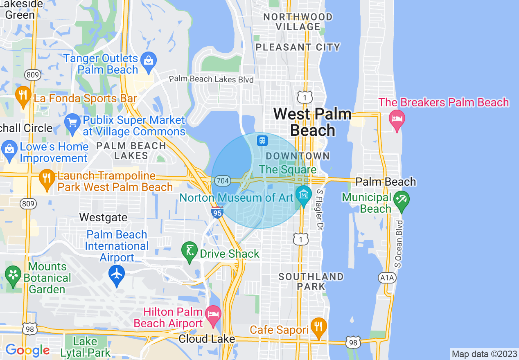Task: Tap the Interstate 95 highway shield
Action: click(217, 212)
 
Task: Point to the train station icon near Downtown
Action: click(262, 141)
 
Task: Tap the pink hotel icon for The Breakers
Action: click(397, 119)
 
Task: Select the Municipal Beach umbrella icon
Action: click(402, 200)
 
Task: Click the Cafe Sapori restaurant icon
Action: click(318, 326)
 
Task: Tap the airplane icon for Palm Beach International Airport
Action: click(117, 273)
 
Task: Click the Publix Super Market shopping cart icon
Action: click(72, 122)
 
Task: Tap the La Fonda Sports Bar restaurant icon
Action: click(23, 95)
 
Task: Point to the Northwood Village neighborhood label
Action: click(298, 22)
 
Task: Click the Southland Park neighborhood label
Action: click(311, 281)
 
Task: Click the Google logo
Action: click(27, 350)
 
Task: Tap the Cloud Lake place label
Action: click(207, 339)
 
